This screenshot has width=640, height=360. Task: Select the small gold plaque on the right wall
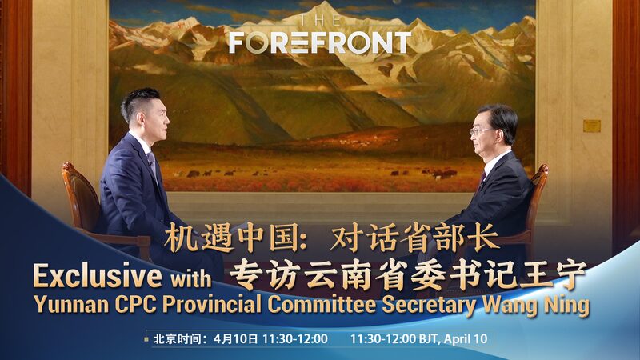point(591,126)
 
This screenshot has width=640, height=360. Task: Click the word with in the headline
point(190,279)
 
